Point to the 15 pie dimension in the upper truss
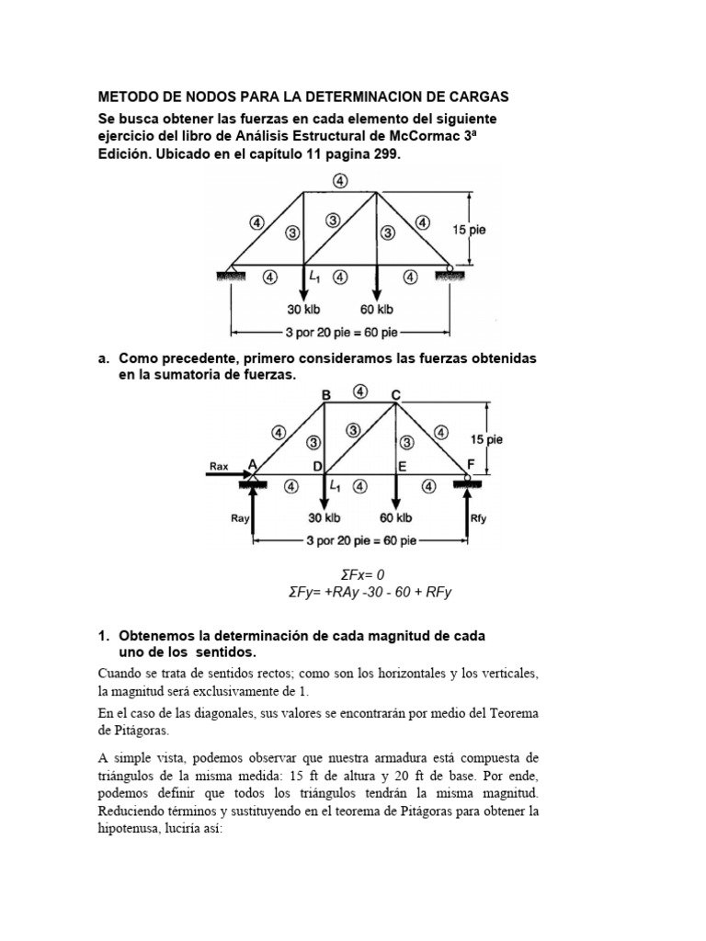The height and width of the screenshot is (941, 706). [x=469, y=230]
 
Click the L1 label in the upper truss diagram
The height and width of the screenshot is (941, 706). [x=314, y=275]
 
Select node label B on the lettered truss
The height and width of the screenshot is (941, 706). [x=325, y=394]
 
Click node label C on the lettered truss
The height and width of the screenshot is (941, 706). [x=395, y=394]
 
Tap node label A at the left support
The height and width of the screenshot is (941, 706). [x=252, y=465]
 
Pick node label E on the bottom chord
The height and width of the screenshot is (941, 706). [x=402, y=467]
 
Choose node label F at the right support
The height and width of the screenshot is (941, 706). [x=470, y=465]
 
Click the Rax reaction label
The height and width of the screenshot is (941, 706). [x=219, y=466]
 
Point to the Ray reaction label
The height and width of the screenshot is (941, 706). [x=240, y=518]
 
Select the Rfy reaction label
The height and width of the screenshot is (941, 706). [x=478, y=518]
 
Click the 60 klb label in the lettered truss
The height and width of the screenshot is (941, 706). [x=395, y=518]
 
